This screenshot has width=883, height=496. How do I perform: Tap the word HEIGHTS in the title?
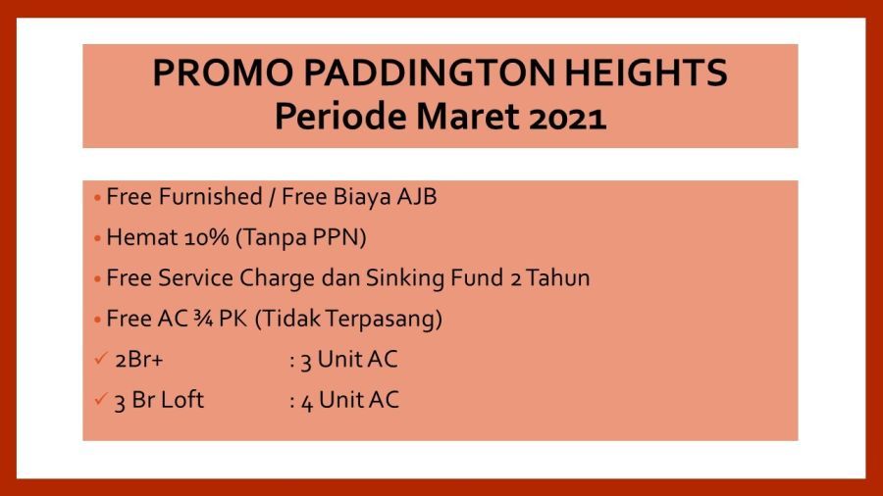(646, 74)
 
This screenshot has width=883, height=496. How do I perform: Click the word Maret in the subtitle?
(467, 117)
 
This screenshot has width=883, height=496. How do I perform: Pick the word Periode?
(339, 117)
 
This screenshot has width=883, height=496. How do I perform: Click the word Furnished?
(211, 197)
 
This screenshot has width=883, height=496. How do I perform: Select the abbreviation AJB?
(417, 197)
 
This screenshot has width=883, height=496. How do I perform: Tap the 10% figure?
(207, 237)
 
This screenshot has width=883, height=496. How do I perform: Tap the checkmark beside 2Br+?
(101, 358)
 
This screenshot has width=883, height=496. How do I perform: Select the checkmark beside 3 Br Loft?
(101, 399)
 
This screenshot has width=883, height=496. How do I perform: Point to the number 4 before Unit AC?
(307, 403)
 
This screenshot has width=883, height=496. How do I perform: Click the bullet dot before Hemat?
(97, 238)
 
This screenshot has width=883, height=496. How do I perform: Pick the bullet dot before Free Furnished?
(97, 198)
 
